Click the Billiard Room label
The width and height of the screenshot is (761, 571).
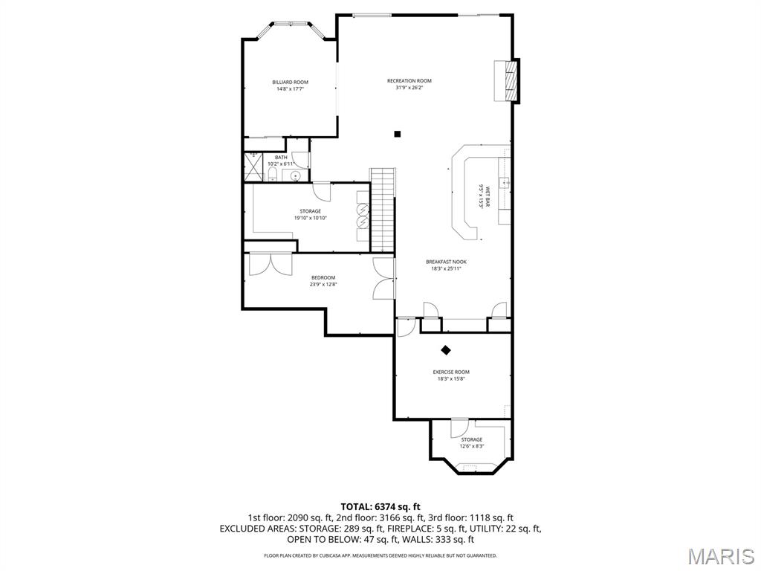[x=290, y=82]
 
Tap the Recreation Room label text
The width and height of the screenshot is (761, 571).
[x=409, y=80]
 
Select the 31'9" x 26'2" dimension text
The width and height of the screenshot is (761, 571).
[x=409, y=88]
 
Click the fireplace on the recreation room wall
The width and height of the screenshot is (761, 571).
[x=510, y=80]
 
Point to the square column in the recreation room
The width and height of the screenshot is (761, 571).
[x=398, y=134]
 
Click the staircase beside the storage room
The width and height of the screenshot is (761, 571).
[x=381, y=210]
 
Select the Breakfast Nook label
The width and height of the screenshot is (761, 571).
[x=446, y=262]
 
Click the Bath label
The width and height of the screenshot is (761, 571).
[x=281, y=157]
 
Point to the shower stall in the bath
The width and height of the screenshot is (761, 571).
[x=253, y=167]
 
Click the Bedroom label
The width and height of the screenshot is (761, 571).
[x=323, y=277]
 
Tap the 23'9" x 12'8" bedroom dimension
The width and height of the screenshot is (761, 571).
[x=323, y=284]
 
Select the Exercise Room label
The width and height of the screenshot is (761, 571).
[x=451, y=372]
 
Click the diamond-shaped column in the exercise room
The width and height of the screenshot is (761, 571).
[x=446, y=349]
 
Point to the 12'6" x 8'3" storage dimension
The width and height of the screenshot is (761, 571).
[x=471, y=446]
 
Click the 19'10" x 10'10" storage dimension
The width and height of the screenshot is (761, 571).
[x=311, y=218]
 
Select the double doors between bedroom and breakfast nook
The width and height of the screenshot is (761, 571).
[x=383, y=280]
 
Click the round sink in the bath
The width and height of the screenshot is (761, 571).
[x=296, y=176]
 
